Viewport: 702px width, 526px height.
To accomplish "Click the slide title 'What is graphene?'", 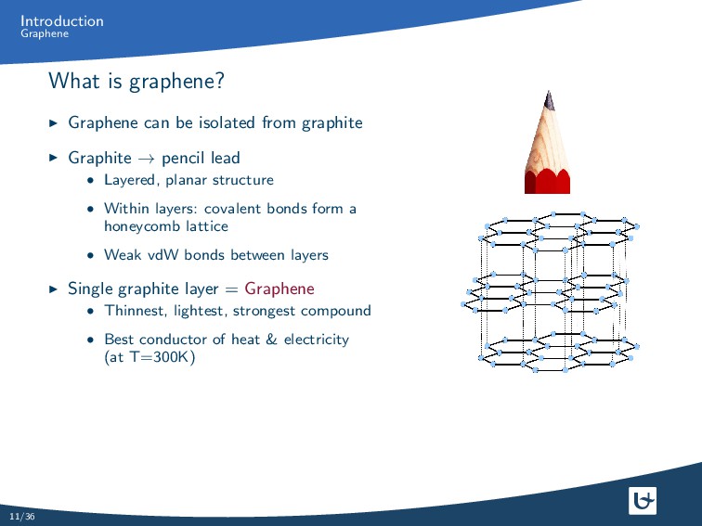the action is point(136,82).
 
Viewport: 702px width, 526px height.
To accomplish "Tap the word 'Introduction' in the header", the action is point(62,20).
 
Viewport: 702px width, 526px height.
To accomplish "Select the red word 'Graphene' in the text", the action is point(279,289).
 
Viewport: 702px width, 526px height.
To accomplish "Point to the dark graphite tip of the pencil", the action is point(550,99).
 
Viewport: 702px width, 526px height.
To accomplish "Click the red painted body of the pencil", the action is point(547,181).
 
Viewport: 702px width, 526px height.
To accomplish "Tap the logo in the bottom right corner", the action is point(643,501).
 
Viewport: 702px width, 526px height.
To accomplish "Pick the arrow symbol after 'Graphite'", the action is point(146,159).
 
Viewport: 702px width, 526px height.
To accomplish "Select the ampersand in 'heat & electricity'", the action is point(271,340).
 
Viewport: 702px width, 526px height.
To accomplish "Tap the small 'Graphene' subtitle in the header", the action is point(45,34).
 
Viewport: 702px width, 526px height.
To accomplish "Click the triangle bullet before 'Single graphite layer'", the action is point(53,289).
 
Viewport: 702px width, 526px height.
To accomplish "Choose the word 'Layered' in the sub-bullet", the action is point(130,180).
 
